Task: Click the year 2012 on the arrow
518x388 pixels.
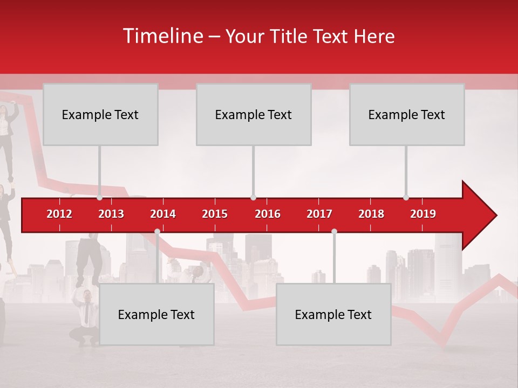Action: [x=59, y=214]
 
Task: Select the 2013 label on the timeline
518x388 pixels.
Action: [x=111, y=214]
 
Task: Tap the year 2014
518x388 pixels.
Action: [x=163, y=214]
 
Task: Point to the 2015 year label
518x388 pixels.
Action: [x=215, y=214]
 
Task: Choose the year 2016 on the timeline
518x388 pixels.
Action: [x=268, y=214]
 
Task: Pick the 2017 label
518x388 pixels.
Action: [x=319, y=214]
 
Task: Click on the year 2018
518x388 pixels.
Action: [x=371, y=214]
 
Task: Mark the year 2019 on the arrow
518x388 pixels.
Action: [x=423, y=214]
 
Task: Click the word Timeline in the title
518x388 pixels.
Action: [x=162, y=36]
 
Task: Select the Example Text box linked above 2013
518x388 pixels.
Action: [x=100, y=114]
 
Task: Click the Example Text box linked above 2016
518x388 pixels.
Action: [x=254, y=114]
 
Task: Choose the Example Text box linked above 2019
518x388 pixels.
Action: [x=407, y=114]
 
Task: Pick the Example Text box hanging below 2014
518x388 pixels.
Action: [x=156, y=314]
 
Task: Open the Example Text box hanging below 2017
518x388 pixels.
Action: [x=333, y=314]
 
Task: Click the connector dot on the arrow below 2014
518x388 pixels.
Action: [x=157, y=231]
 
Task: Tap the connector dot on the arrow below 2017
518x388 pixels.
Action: [x=334, y=231]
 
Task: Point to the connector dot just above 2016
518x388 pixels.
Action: [x=253, y=198]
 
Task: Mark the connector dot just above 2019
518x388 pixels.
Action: [x=406, y=198]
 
